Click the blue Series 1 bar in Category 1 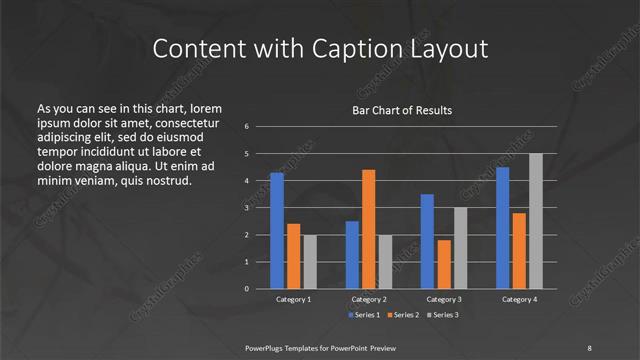[277, 231]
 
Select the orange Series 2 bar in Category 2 [368, 229]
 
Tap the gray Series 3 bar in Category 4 [535, 221]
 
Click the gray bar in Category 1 [309, 262]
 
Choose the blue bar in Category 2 [352, 255]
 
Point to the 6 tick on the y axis [246, 127]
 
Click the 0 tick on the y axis [246, 289]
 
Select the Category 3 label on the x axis [443, 299]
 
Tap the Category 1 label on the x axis [293, 299]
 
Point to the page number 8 [589, 346]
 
